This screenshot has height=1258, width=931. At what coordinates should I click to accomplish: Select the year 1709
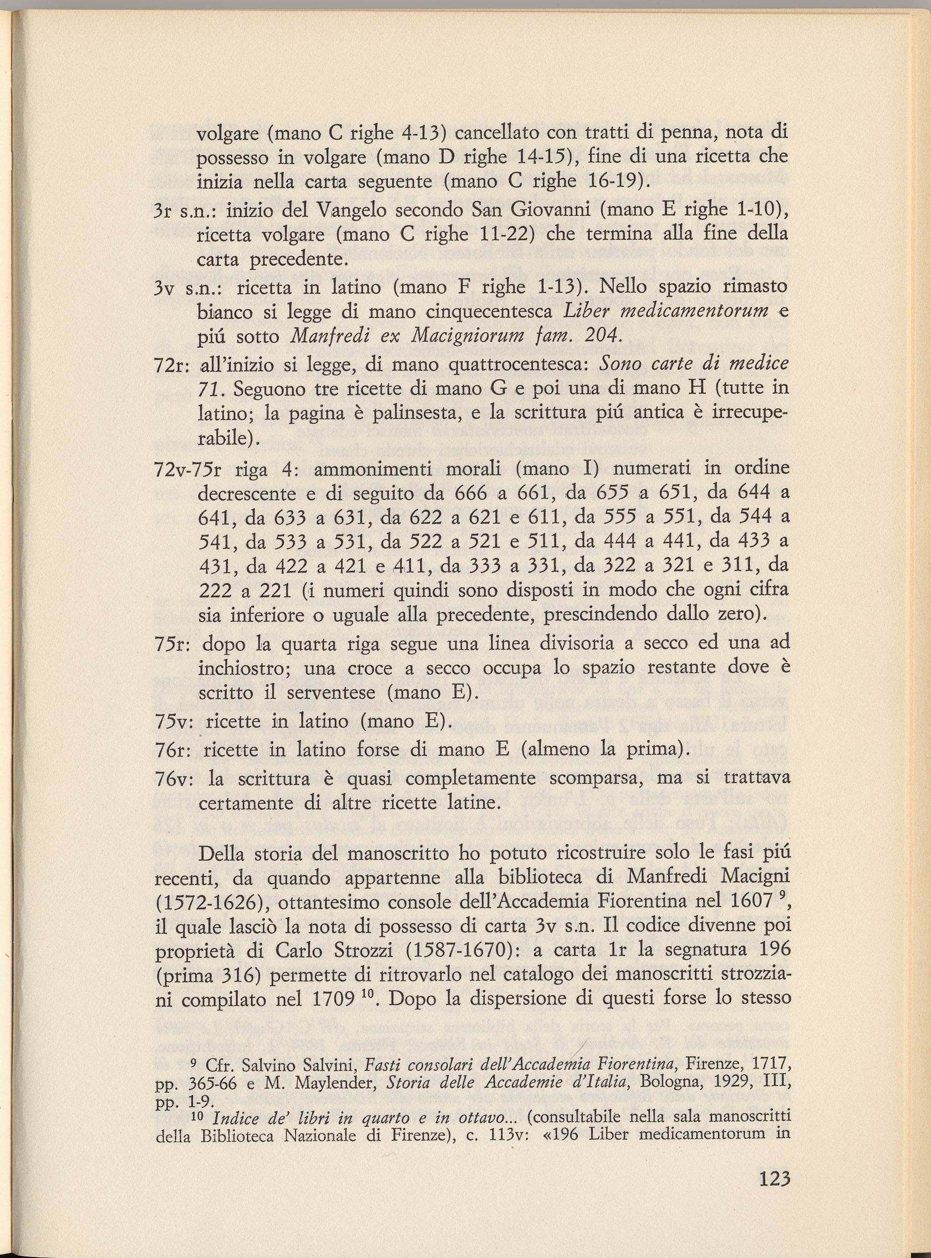click(335, 999)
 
